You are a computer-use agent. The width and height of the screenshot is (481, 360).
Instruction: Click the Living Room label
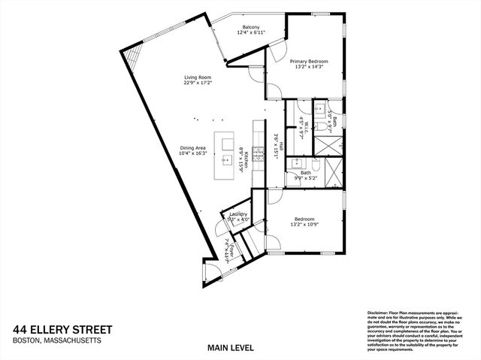(x=198, y=77)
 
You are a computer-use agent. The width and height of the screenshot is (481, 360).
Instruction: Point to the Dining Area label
(x=193, y=148)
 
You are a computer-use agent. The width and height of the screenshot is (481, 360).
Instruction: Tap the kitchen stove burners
(x=259, y=153)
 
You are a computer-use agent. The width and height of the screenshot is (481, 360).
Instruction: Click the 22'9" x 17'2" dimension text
(x=198, y=83)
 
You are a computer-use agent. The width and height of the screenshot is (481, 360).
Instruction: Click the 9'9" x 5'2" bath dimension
(x=305, y=179)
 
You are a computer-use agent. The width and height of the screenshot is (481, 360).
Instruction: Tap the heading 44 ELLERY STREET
(x=62, y=329)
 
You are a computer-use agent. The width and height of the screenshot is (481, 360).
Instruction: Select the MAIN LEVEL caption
(x=230, y=347)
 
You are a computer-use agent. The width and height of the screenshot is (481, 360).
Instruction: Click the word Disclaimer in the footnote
(x=378, y=312)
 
